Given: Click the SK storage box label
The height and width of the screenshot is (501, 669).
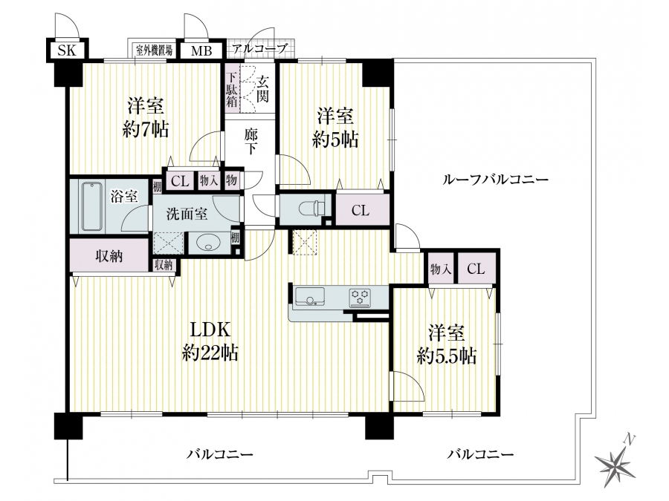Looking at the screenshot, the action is click(67, 51).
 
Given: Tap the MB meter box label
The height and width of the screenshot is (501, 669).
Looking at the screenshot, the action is click(201, 51).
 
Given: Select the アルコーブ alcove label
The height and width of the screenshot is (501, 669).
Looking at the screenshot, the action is click(259, 48).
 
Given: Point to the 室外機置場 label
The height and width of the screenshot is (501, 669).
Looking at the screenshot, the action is click(155, 50).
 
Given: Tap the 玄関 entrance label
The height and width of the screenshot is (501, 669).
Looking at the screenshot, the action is click(263, 88).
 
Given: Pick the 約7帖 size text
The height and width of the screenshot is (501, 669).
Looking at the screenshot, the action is click(145, 128).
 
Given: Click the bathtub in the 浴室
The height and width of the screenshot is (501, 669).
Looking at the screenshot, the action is click(91, 206).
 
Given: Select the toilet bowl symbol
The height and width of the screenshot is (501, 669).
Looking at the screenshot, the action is click(311, 209).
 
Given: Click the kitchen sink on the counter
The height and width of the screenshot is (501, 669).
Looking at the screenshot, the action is click(309, 296).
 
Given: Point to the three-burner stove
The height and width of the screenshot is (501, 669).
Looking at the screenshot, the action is click(360, 298).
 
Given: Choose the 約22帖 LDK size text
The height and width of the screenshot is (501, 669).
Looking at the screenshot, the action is click(210, 353).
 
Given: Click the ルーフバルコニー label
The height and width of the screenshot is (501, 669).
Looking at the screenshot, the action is click(495, 180).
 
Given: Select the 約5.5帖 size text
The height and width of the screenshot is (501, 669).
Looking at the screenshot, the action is click(446, 356).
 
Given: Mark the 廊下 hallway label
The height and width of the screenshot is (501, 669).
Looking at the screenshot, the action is click(251, 142).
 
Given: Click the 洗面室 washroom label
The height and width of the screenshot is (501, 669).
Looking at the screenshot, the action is click(187, 214).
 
